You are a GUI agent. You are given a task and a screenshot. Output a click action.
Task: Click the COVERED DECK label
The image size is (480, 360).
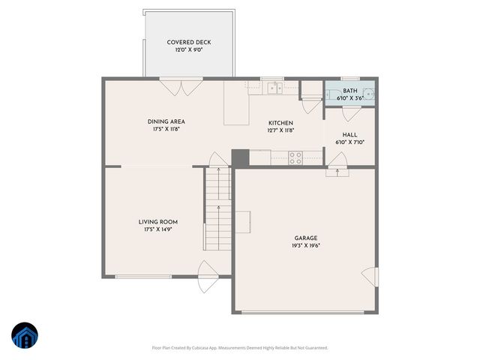pyautogui.click(x=188, y=42)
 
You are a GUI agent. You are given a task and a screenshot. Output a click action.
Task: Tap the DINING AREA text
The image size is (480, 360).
pyautogui.click(x=166, y=121)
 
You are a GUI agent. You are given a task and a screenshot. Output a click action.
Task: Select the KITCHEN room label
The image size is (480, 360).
pyautogui.click(x=281, y=123)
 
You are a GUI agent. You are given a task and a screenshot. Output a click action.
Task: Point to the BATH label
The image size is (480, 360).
pyautogui.click(x=350, y=91)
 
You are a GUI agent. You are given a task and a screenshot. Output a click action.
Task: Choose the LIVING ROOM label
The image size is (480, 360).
pyautogui.click(x=157, y=222)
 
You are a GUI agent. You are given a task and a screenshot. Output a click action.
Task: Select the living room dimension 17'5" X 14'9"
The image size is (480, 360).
pyautogui.click(x=157, y=229)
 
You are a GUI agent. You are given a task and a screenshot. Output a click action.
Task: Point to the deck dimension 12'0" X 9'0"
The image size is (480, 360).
pyautogui.click(x=188, y=49)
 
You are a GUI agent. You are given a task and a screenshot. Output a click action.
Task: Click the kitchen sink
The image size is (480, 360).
pyautogui.click(x=275, y=88)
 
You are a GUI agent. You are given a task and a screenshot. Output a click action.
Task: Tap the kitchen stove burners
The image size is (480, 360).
pyautogui.click(x=295, y=157)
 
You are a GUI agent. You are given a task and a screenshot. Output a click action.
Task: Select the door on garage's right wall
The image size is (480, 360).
pyautogui.click(x=367, y=276)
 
